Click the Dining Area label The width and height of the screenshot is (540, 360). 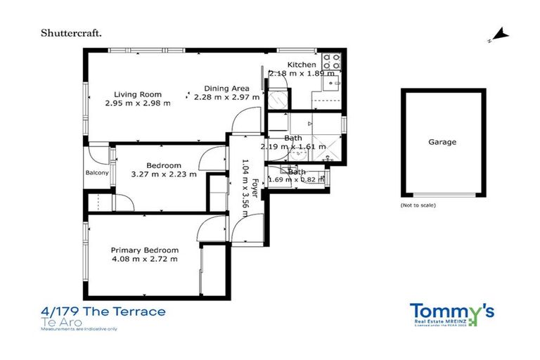(226, 89)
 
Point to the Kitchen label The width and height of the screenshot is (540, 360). (302, 65)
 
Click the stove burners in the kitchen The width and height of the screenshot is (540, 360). (331, 62)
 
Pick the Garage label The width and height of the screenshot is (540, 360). (442, 142)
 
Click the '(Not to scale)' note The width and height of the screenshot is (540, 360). (418, 205)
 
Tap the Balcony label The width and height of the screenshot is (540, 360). (96, 173)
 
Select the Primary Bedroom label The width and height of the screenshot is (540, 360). (145, 250)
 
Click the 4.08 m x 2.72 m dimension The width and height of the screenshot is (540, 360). (145, 259)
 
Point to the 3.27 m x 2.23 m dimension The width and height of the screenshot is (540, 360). (164, 174)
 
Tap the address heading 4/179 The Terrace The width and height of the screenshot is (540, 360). (103, 311)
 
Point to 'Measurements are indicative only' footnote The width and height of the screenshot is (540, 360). (80, 328)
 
